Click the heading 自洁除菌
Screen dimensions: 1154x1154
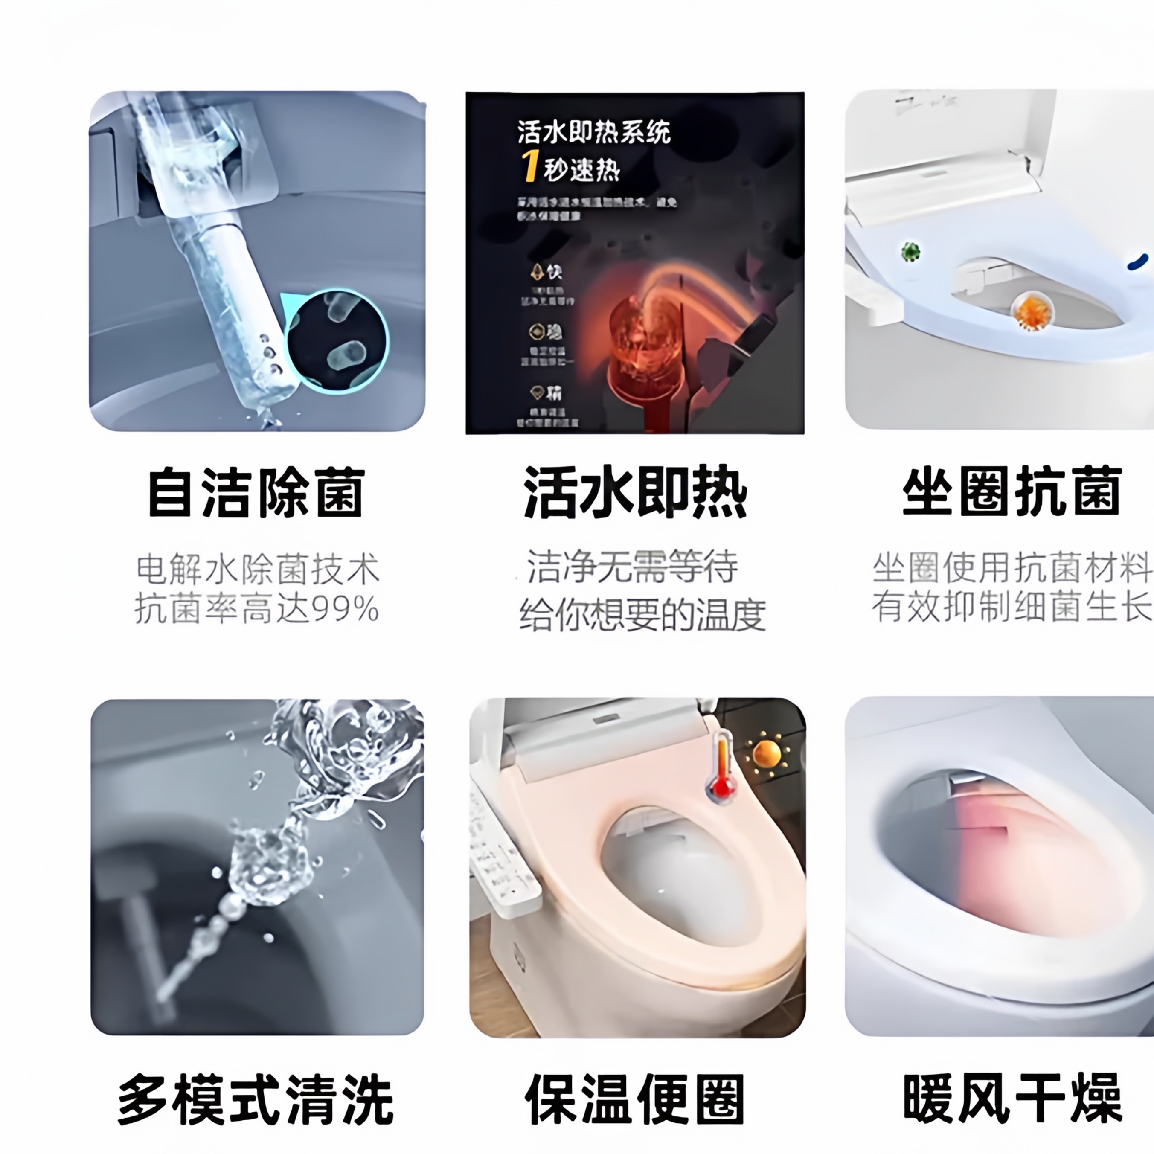[x=256, y=493]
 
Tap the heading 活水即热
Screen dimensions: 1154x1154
[x=635, y=493]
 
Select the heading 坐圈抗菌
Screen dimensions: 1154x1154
[x=1011, y=493]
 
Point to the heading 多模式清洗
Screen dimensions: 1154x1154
[x=256, y=1099]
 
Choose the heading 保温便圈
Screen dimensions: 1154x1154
[x=635, y=1099]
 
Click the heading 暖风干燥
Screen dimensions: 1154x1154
[x=1011, y=1099]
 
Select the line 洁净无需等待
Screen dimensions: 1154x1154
[x=632, y=566]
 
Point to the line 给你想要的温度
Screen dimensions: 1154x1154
[x=642, y=614]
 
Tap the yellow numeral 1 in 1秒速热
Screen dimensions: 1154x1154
[x=529, y=167]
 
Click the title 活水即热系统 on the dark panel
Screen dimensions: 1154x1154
[x=594, y=132]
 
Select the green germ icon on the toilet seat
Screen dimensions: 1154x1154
[x=911, y=251]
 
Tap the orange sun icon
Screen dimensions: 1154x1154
[x=767, y=754]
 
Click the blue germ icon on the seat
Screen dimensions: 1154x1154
[x=1138, y=261]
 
